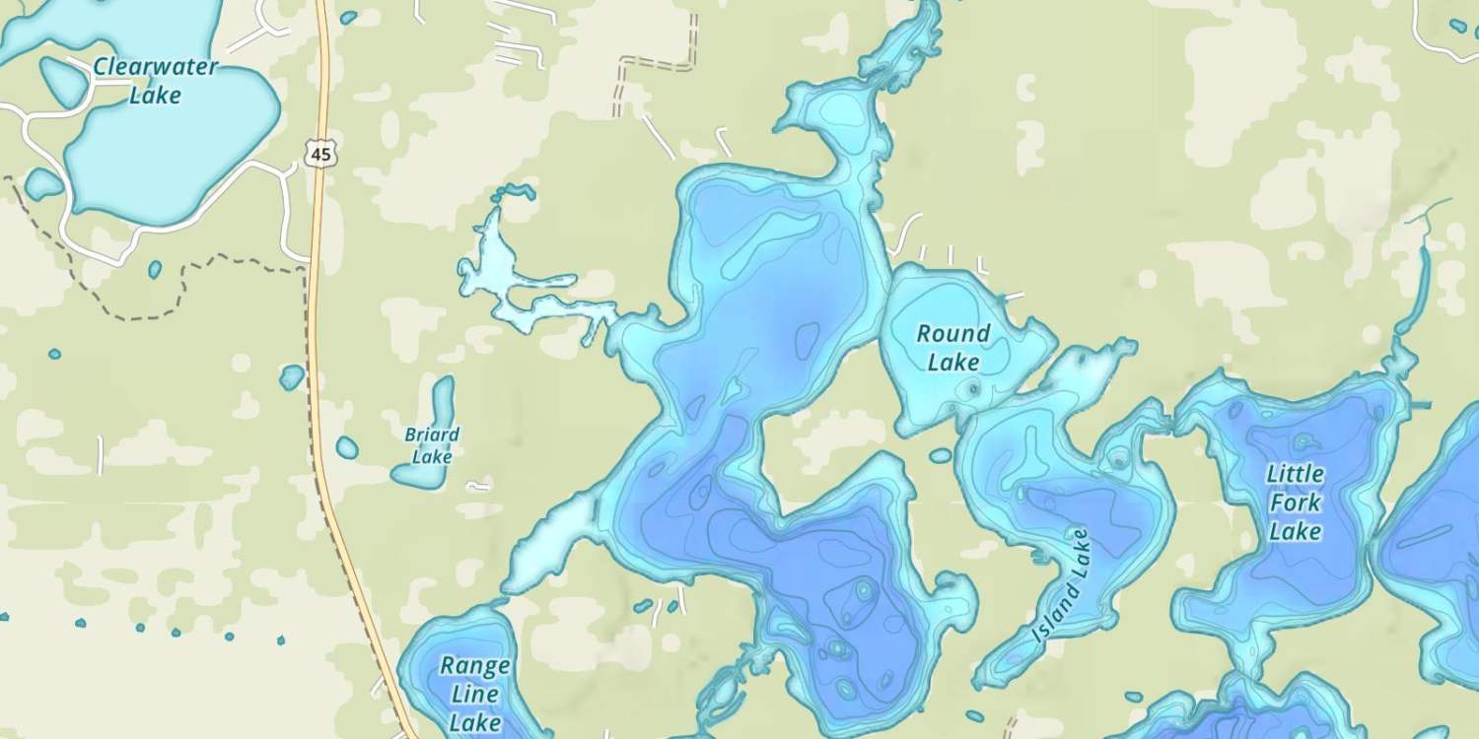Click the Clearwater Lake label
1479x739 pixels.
[156, 81]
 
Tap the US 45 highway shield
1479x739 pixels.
[319, 154]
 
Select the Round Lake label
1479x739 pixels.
[953, 348]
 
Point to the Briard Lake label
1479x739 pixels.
[432, 445]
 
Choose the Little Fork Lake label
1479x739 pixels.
[1295, 503]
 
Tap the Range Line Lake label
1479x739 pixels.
[474, 694]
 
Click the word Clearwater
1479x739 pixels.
[156, 67]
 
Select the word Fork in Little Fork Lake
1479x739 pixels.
[1295, 503]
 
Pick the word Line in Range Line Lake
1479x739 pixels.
[475, 694]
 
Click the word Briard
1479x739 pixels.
[432, 435]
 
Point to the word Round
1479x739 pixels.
[953, 334]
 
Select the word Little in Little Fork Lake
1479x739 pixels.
[1296, 475]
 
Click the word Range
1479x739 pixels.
[475, 665]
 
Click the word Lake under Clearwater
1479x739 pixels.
[156, 96]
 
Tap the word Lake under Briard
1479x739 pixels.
[432, 457]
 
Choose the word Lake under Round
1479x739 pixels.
[953, 363]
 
